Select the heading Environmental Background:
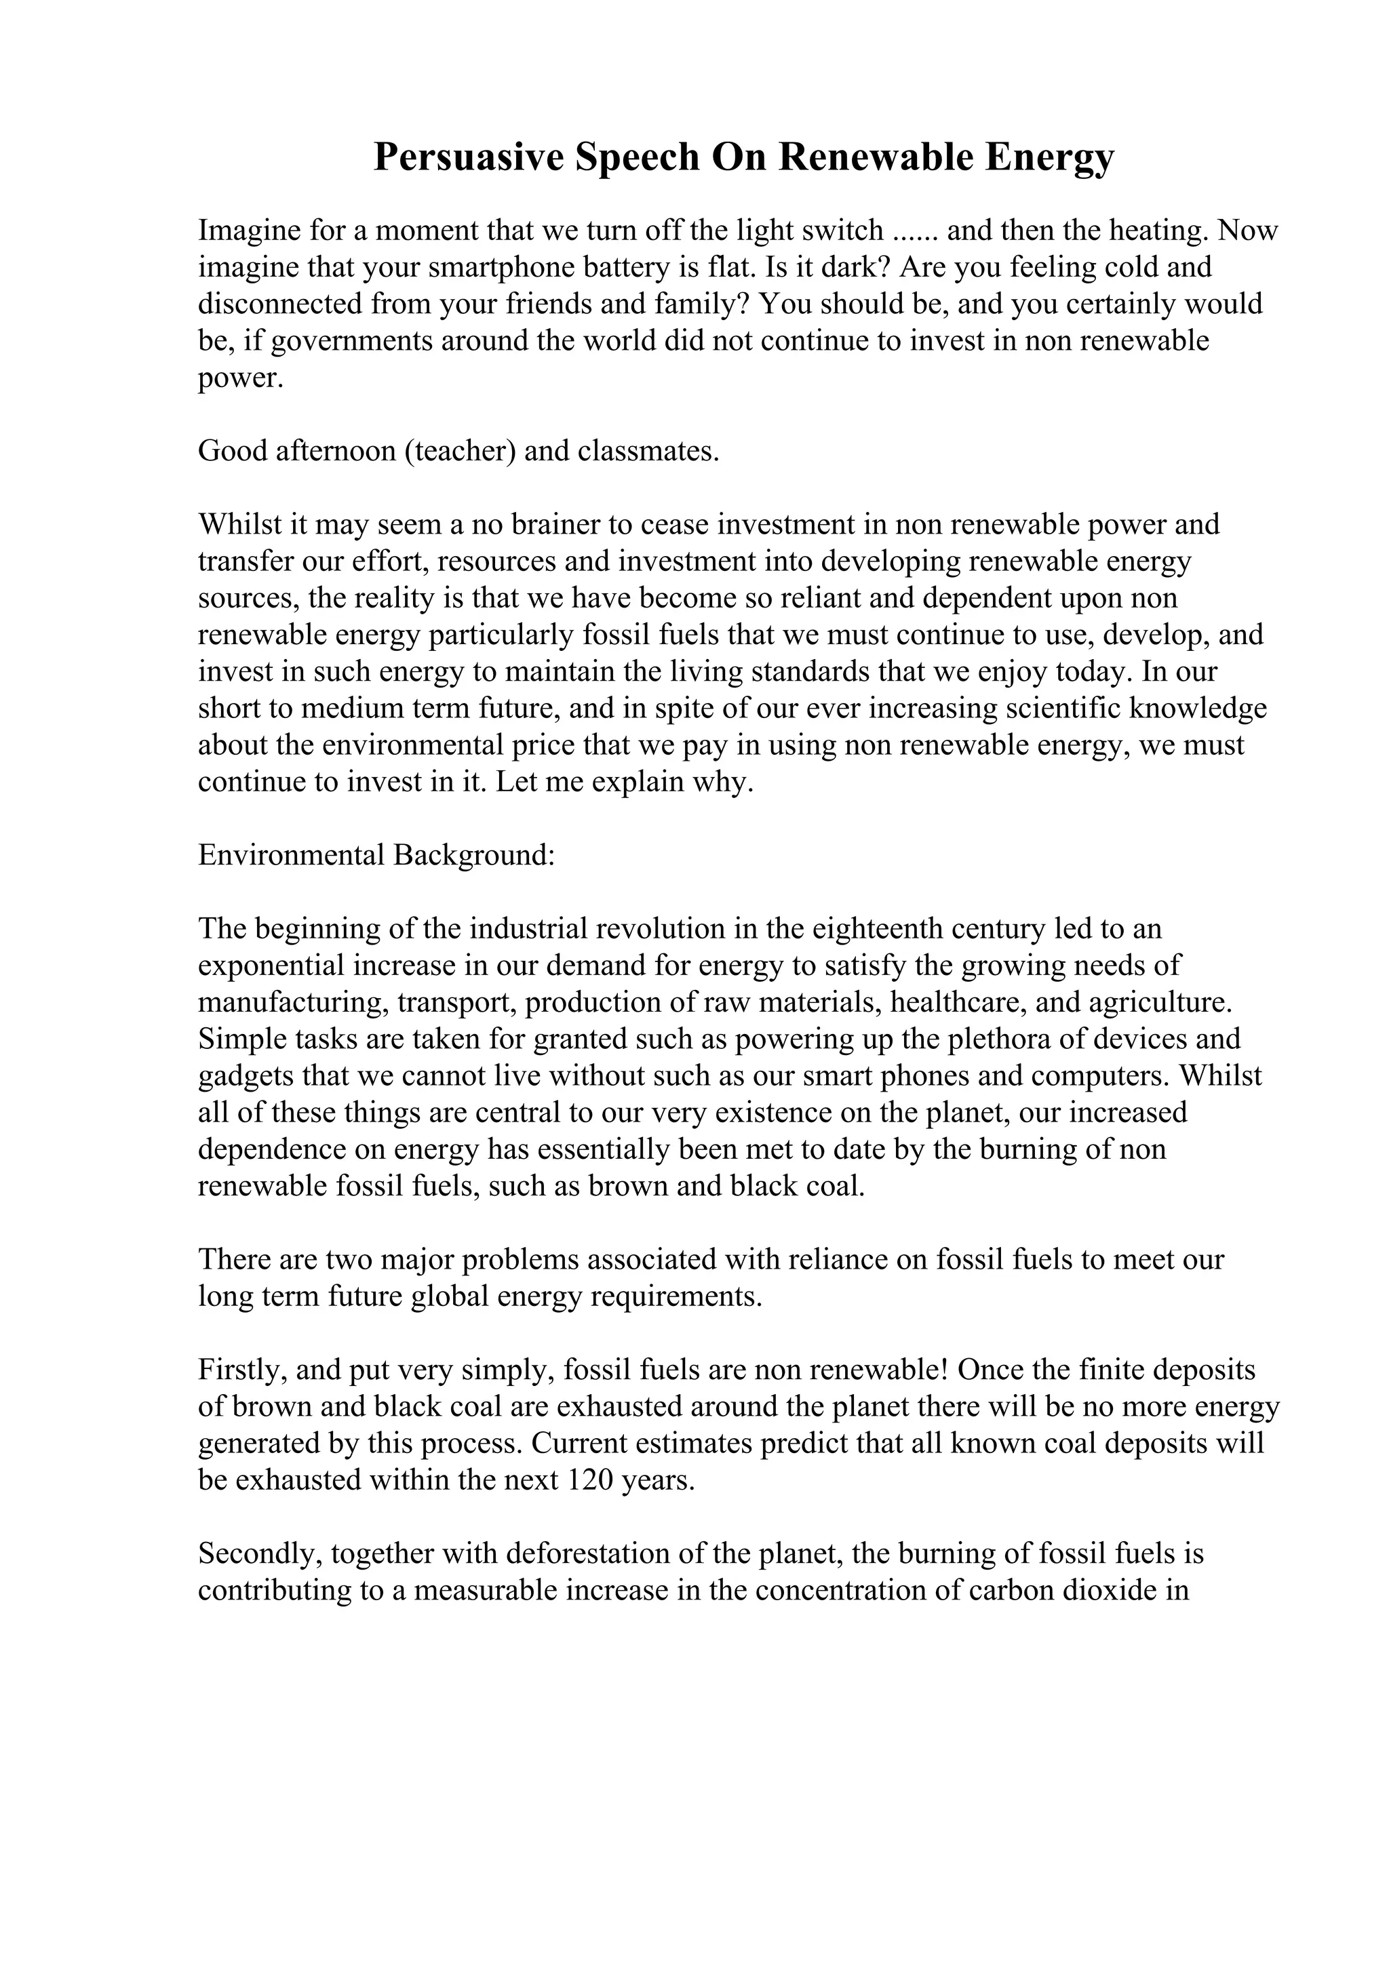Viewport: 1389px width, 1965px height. (376, 855)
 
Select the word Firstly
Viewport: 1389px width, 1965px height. (242, 1370)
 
